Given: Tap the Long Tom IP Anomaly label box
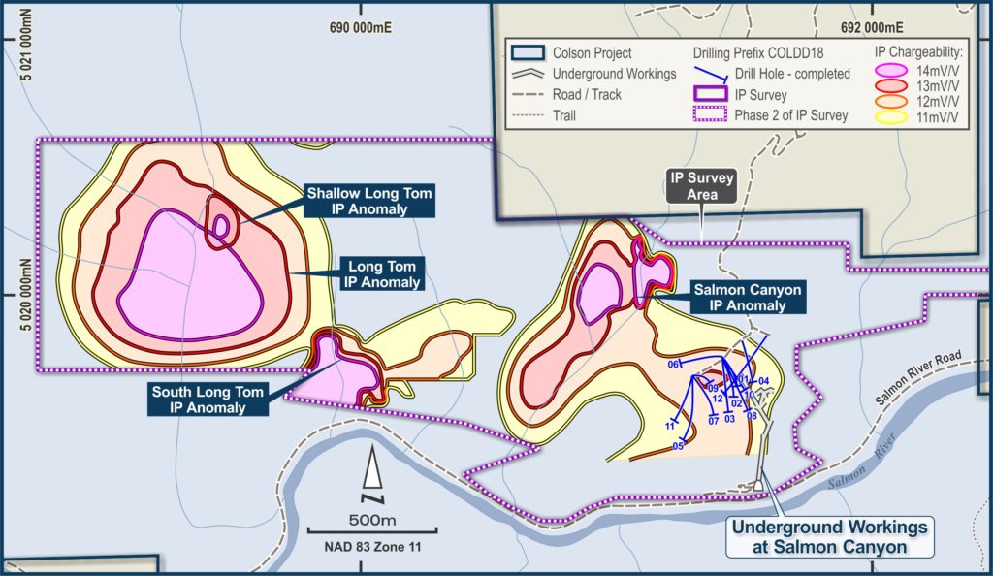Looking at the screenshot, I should (x=382, y=274).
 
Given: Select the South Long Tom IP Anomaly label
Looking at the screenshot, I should (x=208, y=400).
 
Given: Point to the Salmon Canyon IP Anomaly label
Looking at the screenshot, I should (x=748, y=297).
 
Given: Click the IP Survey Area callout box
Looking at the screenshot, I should (x=700, y=186).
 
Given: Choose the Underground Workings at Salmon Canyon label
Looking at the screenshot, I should (x=828, y=536).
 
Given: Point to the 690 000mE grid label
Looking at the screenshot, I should (x=361, y=28).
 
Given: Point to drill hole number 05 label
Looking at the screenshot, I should (x=678, y=446).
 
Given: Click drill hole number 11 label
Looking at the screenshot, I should (x=670, y=426).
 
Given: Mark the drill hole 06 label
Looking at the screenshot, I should (x=672, y=365).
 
